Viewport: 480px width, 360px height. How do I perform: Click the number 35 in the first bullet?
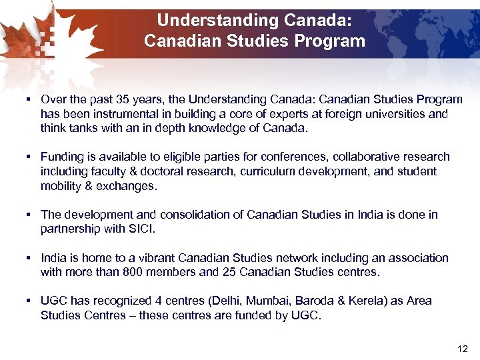point(123,99)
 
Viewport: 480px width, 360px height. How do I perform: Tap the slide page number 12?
point(463,348)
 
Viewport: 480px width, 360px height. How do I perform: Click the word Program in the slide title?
point(331,41)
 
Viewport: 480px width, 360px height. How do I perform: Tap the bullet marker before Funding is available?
point(31,157)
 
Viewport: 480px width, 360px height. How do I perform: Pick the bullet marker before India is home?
point(31,257)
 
